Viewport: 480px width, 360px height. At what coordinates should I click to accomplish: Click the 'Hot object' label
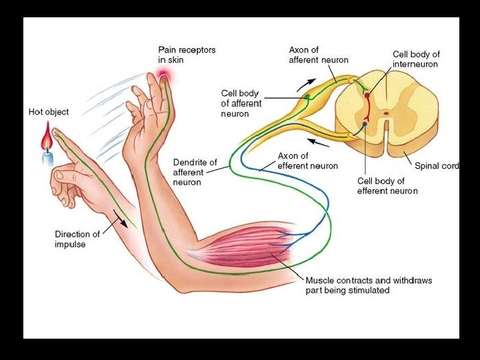tap(48, 112)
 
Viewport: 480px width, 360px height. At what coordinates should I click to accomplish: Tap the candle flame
tap(46, 141)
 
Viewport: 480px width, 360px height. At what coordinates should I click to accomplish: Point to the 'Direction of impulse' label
tap(77, 239)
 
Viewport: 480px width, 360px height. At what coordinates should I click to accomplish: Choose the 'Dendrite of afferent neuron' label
tap(195, 172)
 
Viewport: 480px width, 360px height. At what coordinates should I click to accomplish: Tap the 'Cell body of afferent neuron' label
tap(241, 103)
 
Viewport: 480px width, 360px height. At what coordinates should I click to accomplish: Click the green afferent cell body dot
tap(307, 97)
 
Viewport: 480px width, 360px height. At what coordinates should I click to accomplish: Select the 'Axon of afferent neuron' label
tap(318, 55)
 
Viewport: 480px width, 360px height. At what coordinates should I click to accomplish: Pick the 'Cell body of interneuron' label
tap(416, 59)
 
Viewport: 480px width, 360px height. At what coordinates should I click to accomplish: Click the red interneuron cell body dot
tap(366, 96)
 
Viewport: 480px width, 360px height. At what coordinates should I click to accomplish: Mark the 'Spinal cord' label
tap(437, 166)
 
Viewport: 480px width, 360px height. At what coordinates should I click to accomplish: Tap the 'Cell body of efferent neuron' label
tap(387, 185)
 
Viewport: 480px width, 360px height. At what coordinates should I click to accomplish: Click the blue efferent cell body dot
tap(365, 124)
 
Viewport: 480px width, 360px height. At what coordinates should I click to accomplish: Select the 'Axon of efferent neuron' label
tap(307, 161)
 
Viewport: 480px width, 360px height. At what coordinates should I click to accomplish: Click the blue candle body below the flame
tap(47, 158)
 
